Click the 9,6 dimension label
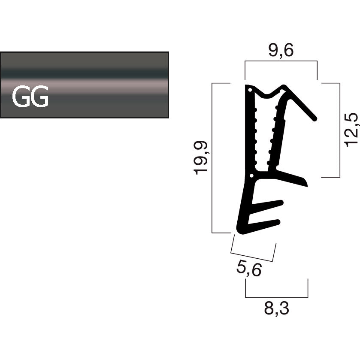click(281, 51)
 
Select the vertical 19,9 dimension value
click(201, 157)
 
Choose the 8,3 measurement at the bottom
click(276, 309)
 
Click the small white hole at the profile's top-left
click(249, 91)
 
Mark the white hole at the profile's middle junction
click(251, 175)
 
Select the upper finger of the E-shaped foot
click(279, 203)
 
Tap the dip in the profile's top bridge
click(269, 94)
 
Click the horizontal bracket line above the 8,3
click(276, 297)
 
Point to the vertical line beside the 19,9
click(213, 157)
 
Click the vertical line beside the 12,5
click(340, 129)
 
